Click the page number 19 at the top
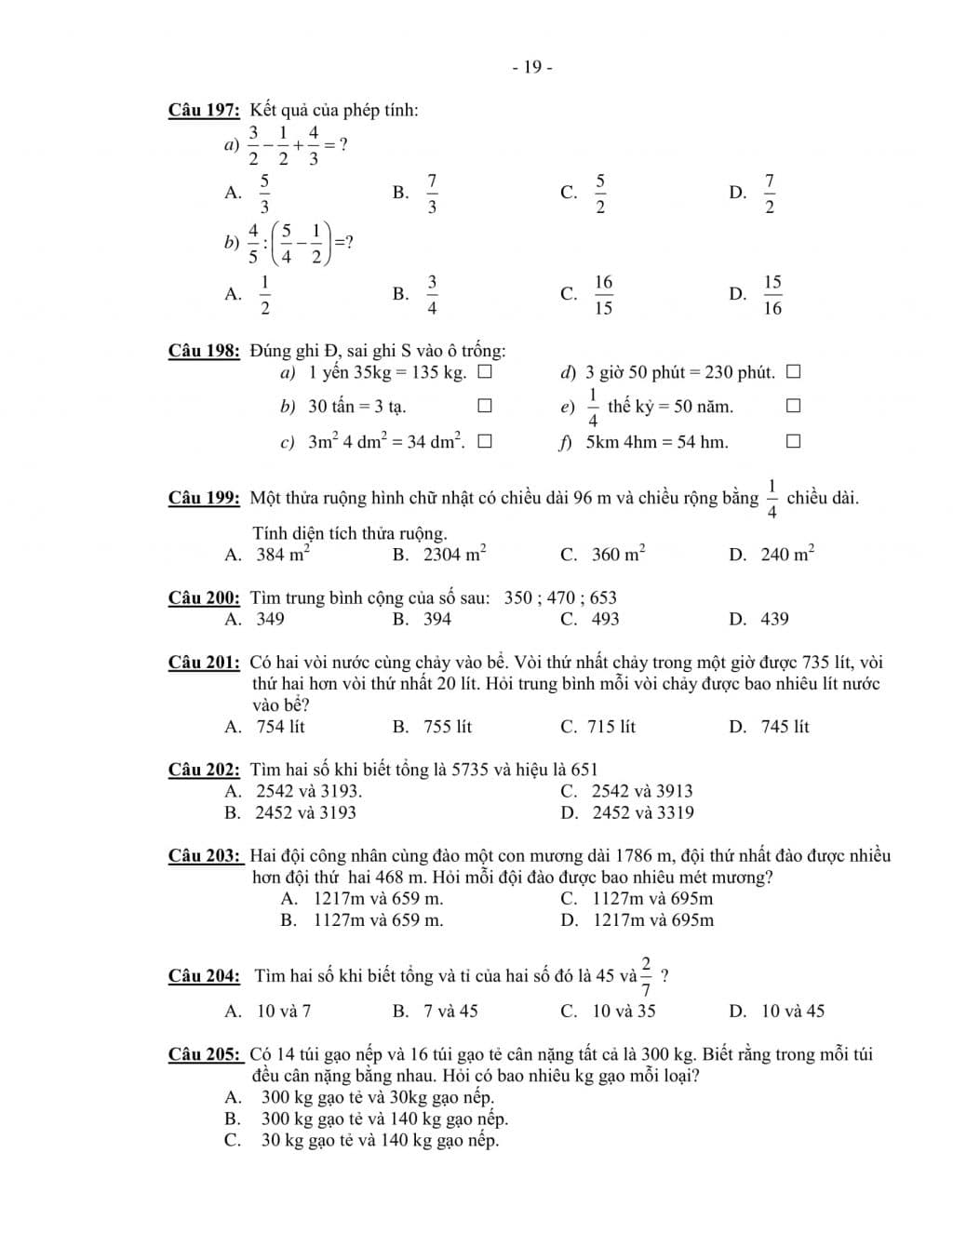tap(532, 67)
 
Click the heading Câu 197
tap(204, 111)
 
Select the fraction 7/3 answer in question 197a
tap(432, 193)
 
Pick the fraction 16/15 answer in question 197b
tap(603, 294)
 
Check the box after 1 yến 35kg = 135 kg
tap(484, 373)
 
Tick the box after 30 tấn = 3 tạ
tap(484, 407)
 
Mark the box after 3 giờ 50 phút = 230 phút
tap(793, 373)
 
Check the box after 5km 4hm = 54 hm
tap(793, 442)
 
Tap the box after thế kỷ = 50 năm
tap(793, 407)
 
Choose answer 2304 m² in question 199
tap(454, 555)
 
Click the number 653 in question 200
tap(603, 597)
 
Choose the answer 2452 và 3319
tap(642, 812)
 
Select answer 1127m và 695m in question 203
tap(652, 899)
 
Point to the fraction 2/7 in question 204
tap(646, 975)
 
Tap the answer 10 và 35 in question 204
tap(624, 1012)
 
